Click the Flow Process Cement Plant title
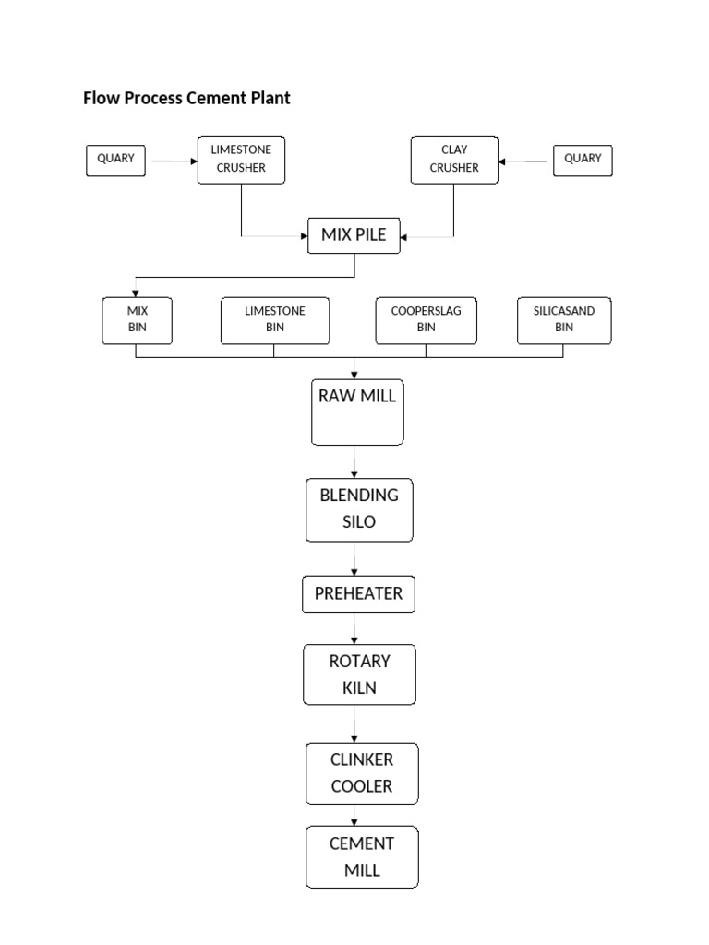(186, 98)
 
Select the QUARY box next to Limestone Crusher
(115, 159)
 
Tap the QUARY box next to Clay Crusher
(583, 159)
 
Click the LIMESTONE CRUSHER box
(241, 159)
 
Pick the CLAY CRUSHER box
(454, 159)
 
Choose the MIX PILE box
(354, 235)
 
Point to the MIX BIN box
(137, 320)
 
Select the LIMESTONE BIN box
(275, 320)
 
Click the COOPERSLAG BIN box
(426, 320)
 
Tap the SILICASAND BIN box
(564, 320)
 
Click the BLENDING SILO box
(359, 509)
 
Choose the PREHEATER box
(358, 594)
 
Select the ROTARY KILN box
(359, 675)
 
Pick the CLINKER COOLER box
(362, 773)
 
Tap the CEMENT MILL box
(362, 857)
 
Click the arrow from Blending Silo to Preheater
(354, 558)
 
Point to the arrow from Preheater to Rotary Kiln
(354, 628)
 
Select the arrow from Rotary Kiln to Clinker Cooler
(354, 724)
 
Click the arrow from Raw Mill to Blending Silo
(354, 462)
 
